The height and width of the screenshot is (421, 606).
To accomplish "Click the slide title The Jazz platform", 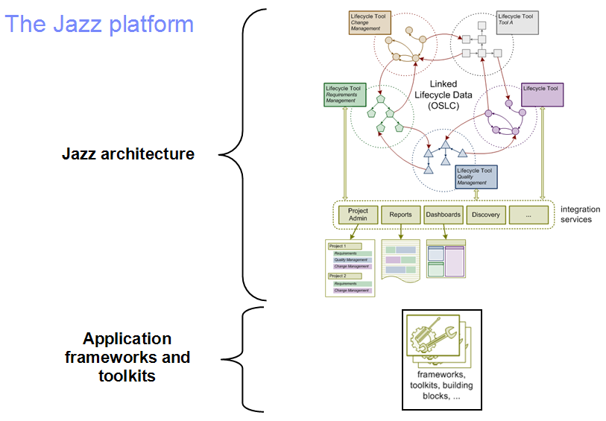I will tap(99, 24).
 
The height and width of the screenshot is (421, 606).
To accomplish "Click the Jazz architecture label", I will tap(128, 154).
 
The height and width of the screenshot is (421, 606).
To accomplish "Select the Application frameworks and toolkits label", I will tap(127, 358).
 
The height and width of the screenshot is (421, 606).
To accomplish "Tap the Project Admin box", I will tap(359, 215).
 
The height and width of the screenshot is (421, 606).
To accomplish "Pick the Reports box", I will tap(400, 215).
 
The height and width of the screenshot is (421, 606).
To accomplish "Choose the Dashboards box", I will tap(443, 215).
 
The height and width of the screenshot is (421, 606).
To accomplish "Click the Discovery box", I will tap(486, 215).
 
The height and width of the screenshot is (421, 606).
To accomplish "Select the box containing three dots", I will tap(528, 215).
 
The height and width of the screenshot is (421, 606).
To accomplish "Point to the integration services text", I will tap(576, 215).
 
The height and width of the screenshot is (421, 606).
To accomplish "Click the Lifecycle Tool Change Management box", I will tap(370, 22).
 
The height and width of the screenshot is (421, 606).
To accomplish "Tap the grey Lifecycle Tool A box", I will tap(517, 22).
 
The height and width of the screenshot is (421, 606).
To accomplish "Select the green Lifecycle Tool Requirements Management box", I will tap(344, 94).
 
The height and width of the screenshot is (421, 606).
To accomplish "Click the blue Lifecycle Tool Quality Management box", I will tap(475, 177).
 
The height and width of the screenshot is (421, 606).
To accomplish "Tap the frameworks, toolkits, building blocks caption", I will tap(441, 385).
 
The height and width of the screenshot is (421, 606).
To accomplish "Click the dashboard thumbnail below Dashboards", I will tap(445, 258).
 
